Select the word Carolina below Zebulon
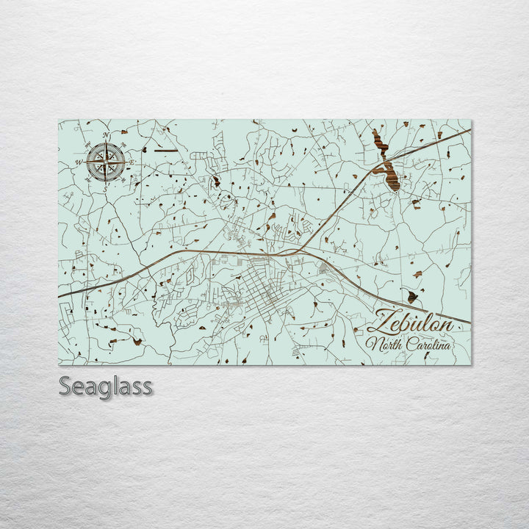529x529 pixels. tap(427, 344)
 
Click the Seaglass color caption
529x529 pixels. tap(105, 386)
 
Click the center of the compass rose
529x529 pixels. tap(106, 162)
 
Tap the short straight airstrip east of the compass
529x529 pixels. tap(165, 150)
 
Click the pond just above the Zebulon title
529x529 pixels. tap(412, 296)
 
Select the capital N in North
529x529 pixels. tap(373, 343)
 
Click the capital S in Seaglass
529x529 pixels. tap(65, 386)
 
